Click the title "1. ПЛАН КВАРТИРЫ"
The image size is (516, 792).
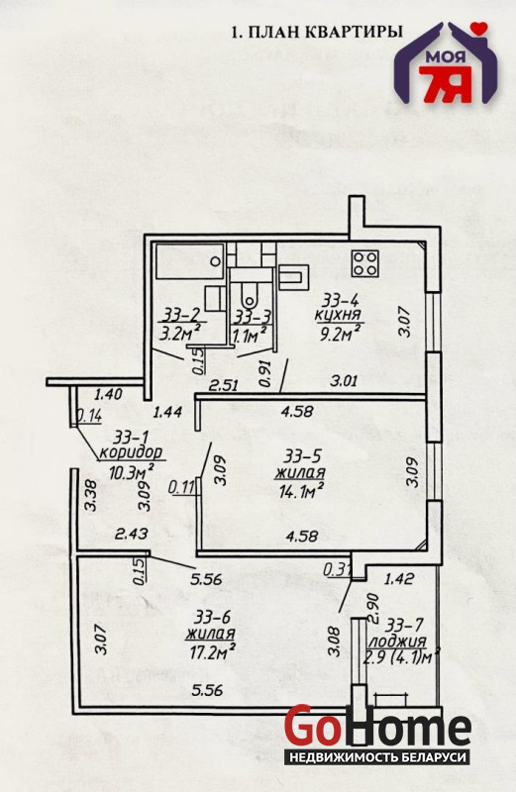(317, 33)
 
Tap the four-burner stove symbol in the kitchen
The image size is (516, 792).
(364, 263)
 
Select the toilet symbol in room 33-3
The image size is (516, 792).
(249, 294)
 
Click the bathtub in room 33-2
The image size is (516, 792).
(189, 260)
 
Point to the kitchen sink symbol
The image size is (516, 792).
(292, 276)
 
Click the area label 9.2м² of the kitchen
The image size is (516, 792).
(338, 333)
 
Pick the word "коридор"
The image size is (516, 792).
(132, 451)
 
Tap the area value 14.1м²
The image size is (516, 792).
(301, 490)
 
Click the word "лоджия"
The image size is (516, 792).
(398, 642)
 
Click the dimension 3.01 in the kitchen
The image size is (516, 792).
(344, 380)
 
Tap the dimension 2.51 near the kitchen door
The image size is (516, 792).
(224, 386)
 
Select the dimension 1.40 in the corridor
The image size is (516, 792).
(109, 393)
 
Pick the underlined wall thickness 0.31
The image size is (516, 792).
(337, 570)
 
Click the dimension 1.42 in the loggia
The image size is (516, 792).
(399, 578)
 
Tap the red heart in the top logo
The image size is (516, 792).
(478, 27)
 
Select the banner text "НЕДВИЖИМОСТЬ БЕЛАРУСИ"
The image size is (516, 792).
(377, 757)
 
